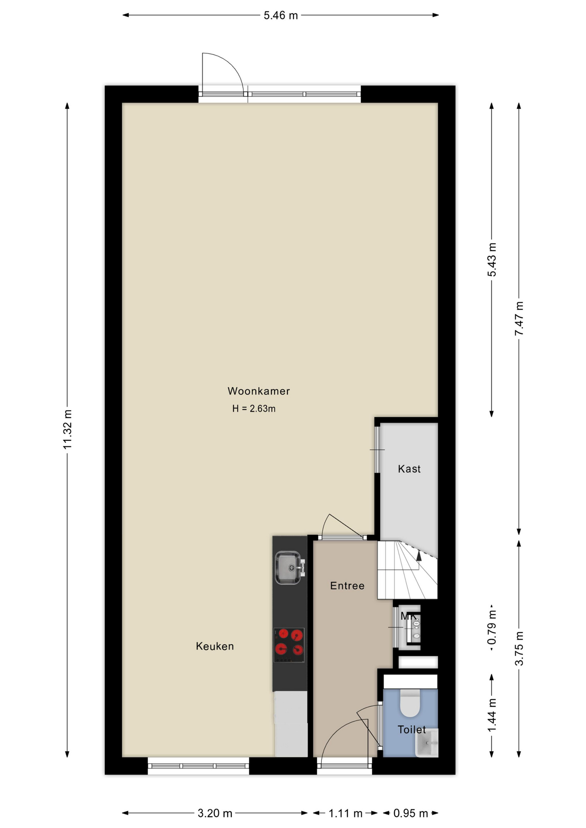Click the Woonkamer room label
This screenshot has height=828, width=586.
(258, 391)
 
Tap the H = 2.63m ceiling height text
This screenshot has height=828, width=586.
(254, 408)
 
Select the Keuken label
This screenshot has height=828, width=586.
(215, 646)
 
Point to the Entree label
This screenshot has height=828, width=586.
(347, 586)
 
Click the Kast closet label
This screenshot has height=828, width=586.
(409, 469)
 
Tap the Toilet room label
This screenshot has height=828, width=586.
(412, 730)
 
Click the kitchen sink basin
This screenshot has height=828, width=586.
(288, 568)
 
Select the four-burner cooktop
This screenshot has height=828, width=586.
(289, 645)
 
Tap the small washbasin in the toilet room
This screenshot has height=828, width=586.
(427, 743)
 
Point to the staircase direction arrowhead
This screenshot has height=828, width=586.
(419, 555)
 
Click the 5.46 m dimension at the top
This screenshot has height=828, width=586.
(281, 16)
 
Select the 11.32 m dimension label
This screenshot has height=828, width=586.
(67, 430)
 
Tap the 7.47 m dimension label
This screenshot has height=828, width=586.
(519, 318)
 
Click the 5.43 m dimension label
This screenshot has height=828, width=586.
(492, 260)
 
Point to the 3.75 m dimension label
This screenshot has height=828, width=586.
(519, 649)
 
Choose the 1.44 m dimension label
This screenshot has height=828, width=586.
(492, 715)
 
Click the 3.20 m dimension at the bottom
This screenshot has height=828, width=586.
(215, 813)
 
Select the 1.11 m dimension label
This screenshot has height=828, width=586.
(345, 813)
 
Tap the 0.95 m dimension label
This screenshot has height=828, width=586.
(411, 813)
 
